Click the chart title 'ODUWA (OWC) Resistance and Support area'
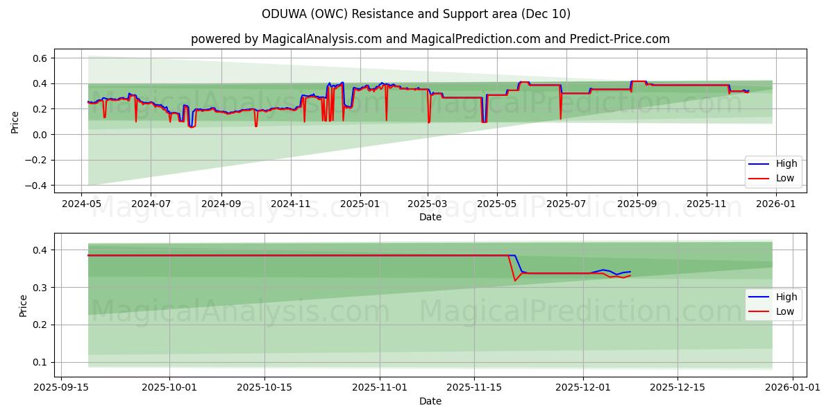(416, 14)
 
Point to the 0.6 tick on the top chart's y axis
(38, 58)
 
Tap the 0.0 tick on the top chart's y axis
(38, 135)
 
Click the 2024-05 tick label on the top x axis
(82, 204)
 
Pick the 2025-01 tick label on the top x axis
(360, 204)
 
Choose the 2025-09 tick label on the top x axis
(637, 204)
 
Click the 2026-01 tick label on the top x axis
(775, 204)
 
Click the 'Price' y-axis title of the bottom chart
(24, 306)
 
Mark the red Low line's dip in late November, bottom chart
(514, 280)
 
